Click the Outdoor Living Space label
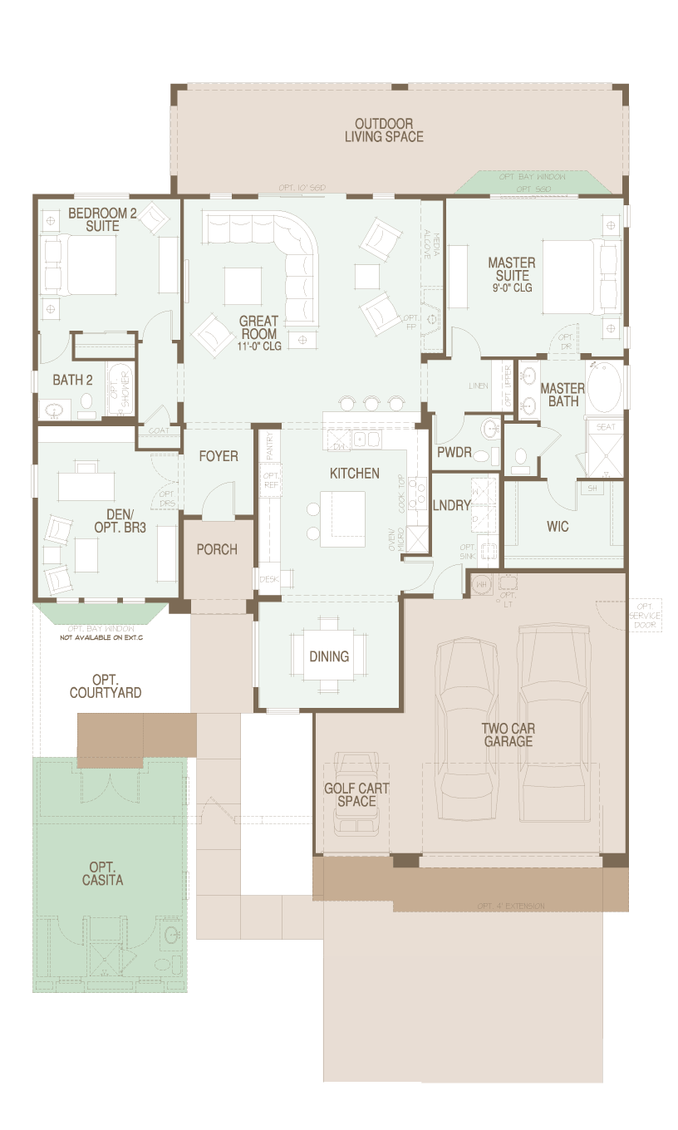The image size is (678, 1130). point(384,130)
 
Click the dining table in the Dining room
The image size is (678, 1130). point(329,656)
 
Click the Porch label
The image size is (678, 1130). point(217,549)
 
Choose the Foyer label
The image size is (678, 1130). point(219,456)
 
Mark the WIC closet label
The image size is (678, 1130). point(558,527)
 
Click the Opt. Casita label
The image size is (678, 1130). point(103,873)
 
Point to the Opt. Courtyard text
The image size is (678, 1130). point(106,686)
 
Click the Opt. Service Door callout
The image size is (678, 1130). point(646,615)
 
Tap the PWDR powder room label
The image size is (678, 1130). point(454,452)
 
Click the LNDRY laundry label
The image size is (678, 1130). point(452,505)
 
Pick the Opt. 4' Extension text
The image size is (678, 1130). point(511,906)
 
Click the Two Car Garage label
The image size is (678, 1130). point(508,734)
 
